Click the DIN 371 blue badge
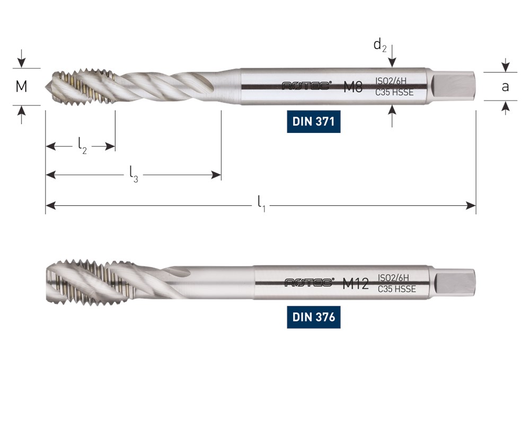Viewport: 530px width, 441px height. pyautogui.click(x=313, y=121)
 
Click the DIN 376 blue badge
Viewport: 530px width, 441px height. pyautogui.click(x=313, y=317)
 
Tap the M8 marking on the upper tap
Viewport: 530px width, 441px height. pyautogui.click(x=353, y=87)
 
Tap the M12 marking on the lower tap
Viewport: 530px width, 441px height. pyautogui.click(x=355, y=283)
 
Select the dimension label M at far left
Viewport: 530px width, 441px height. pyautogui.click(x=21, y=86)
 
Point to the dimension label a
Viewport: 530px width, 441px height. pyautogui.click(x=505, y=87)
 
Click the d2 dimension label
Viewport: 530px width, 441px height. pyautogui.click(x=380, y=45)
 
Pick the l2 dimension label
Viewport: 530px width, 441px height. pyautogui.click(x=83, y=146)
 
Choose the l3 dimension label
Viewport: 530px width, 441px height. pyautogui.click(x=134, y=175)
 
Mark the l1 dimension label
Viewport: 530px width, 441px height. pyautogui.click(x=262, y=204)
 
